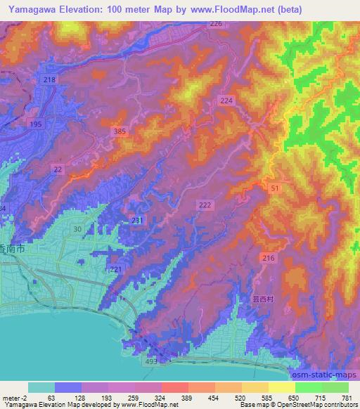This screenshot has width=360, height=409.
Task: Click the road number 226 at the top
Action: [x=216, y=24]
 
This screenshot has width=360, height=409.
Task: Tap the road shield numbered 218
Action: [x=49, y=81]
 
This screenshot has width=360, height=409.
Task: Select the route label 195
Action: [x=34, y=124]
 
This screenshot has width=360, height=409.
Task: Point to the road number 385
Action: [x=120, y=131]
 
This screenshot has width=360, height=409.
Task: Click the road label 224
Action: [x=226, y=101]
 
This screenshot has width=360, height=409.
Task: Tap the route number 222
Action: [x=205, y=204]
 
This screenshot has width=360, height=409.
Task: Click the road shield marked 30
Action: [x=77, y=230]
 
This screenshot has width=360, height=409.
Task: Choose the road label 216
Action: [x=269, y=259]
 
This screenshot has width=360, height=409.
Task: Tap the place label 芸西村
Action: [x=263, y=298]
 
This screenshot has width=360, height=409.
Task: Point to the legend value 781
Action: [x=346, y=397]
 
